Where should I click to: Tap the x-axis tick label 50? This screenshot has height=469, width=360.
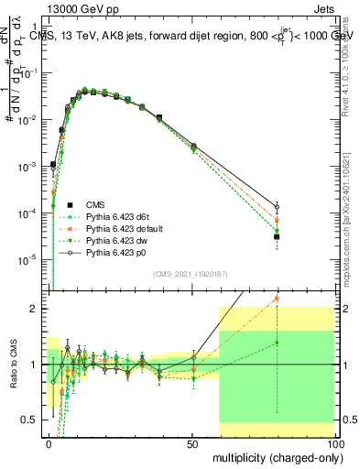[193, 443]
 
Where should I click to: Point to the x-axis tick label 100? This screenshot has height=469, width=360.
[335, 443]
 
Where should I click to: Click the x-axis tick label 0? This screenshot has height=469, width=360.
[49, 443]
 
